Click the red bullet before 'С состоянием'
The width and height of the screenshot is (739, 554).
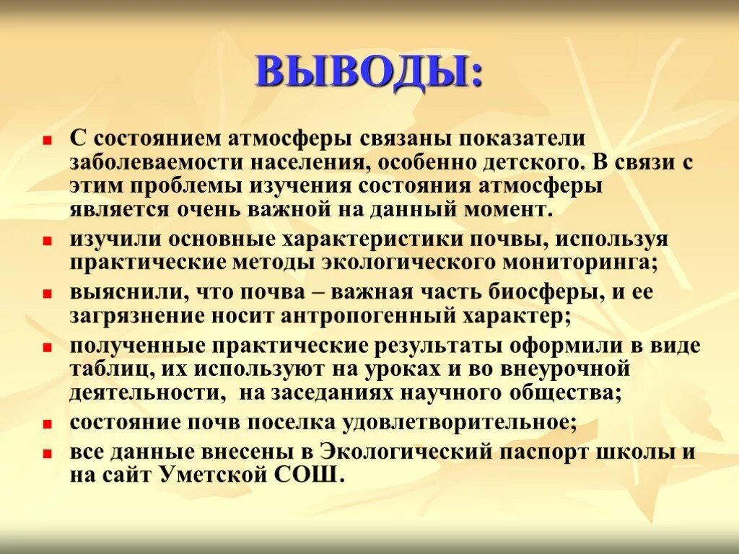pyautogui.click(x=47, y=139)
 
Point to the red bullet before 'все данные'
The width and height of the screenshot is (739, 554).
pyautogui.click(x=47, y=454)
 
